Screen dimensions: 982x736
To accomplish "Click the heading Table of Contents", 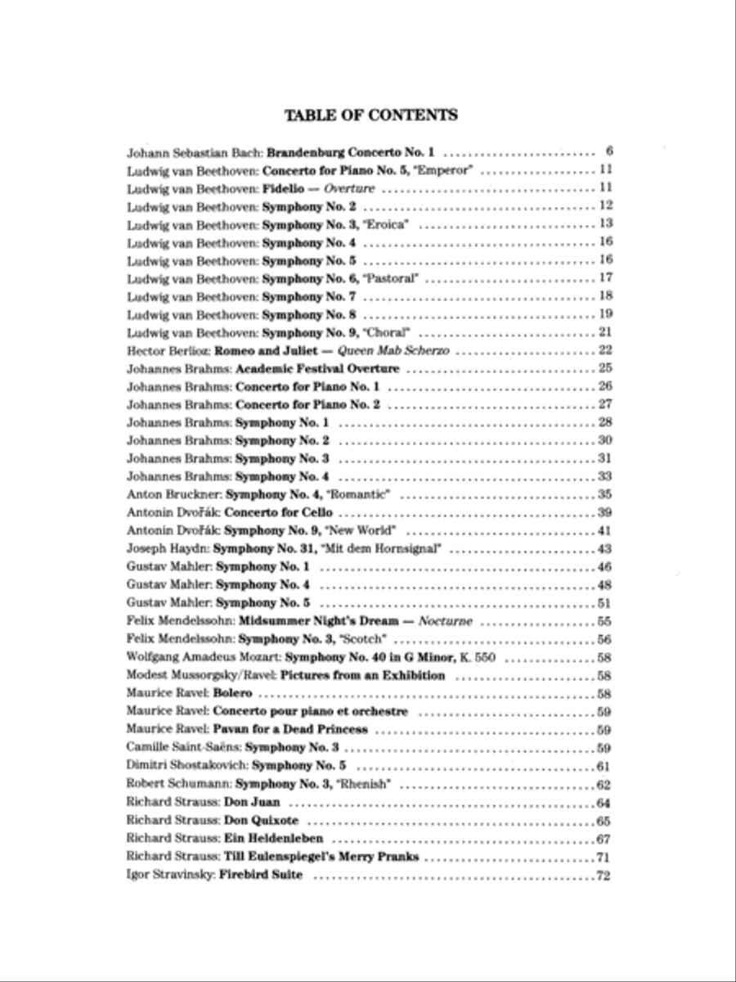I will click(x=370, y=115).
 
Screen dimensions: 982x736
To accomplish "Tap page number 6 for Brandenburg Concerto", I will click(x=609, y=152).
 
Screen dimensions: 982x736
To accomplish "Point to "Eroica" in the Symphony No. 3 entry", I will click(x=384, y=224).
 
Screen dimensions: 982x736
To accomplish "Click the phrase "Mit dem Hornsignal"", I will click(x=396, y=548).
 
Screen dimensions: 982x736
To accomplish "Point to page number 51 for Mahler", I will click(x=604, y=602).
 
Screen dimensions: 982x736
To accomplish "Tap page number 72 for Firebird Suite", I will click(x=604, y=875).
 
